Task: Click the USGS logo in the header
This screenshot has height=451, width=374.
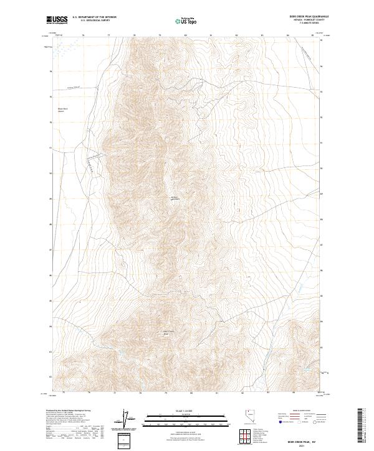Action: pos(57,19)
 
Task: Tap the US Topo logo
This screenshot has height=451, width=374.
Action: pos(186,21)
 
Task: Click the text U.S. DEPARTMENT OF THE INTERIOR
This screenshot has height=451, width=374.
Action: pos(94,17)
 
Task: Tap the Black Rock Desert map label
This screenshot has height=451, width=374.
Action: pos(61,111)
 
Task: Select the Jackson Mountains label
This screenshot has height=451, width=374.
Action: pos(175,199)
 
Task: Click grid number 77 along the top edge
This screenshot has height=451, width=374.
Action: pos(110,35)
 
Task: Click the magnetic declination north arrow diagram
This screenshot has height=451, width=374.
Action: pos(129,419)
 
